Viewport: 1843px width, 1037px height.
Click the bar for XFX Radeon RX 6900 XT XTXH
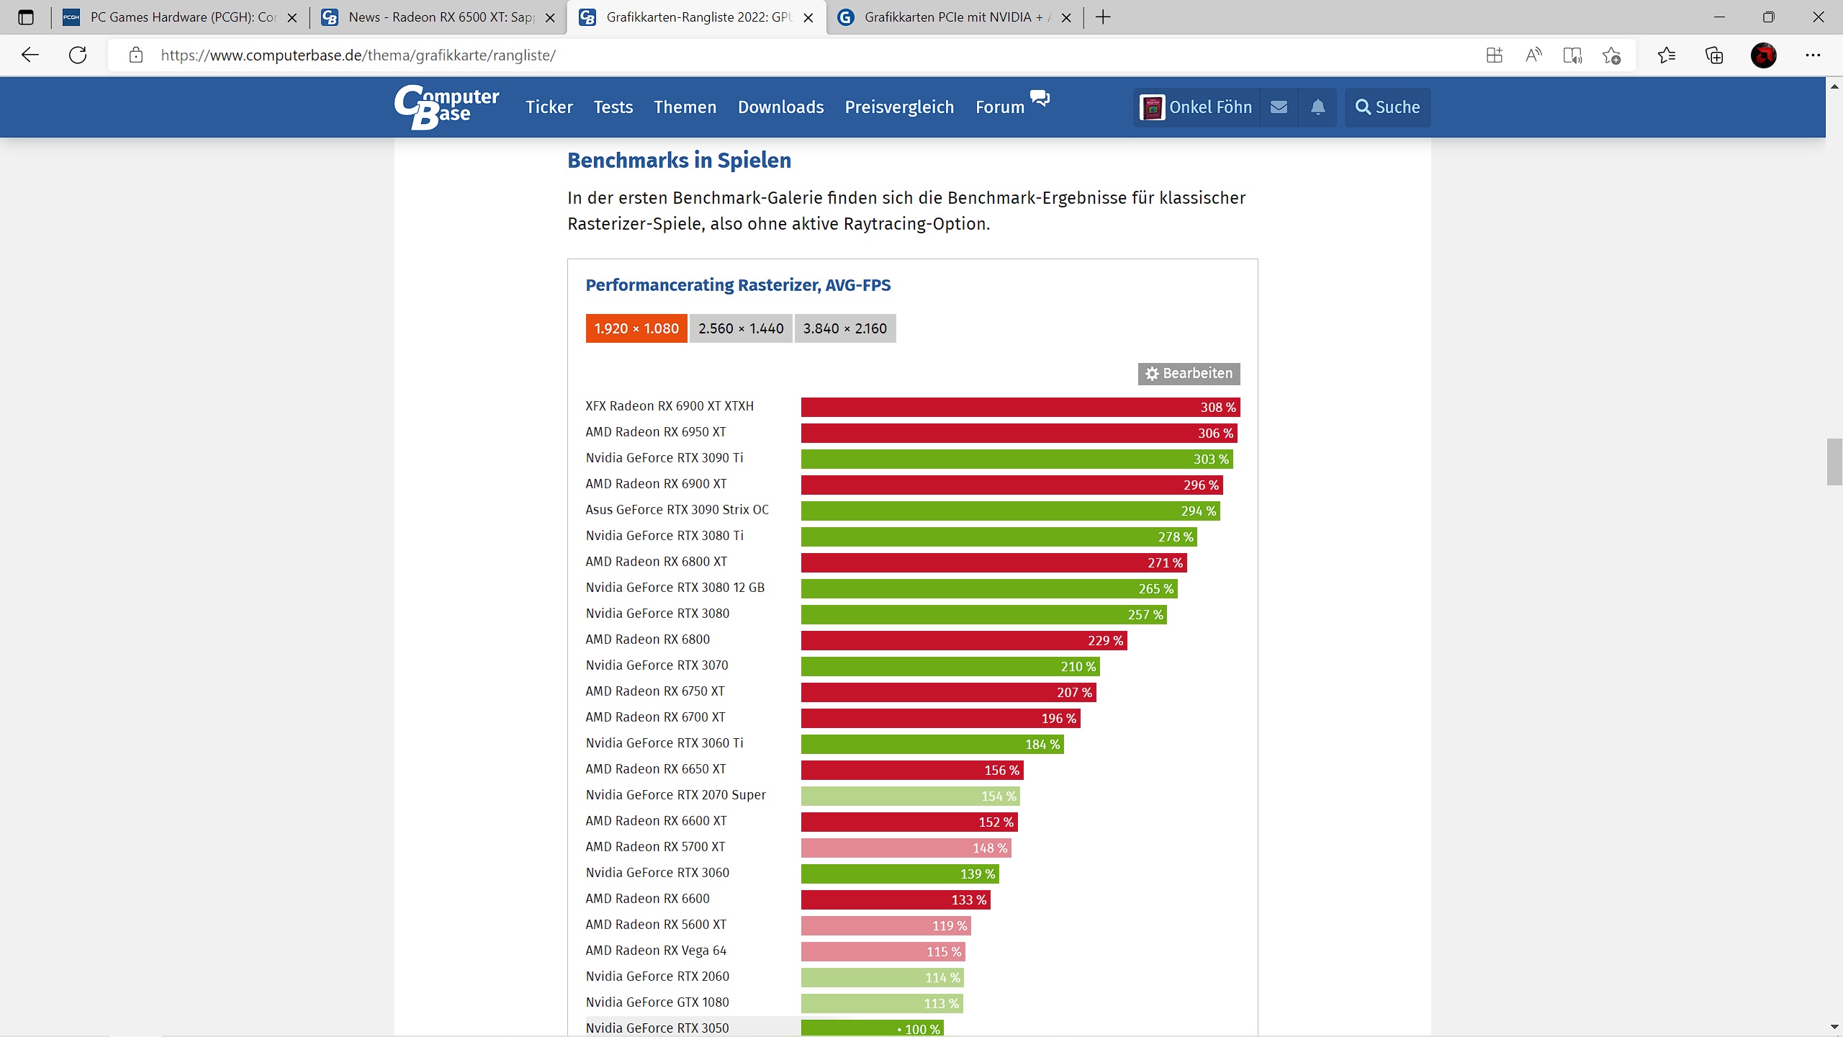tap(1020, 407)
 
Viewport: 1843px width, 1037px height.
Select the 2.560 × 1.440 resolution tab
tap(741, 328)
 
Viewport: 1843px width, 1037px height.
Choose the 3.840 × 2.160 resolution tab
tap(845, 328)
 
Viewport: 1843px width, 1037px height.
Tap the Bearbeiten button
tap(1189, 374)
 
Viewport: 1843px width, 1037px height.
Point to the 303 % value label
tap(1211, 459)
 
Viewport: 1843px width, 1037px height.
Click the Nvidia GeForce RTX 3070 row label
tap(657, 665)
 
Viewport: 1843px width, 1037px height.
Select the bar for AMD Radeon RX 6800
tap(964, 640)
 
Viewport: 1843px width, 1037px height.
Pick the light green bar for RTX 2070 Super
tap(911, 796)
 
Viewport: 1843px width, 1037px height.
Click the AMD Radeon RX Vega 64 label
tap(656, 951)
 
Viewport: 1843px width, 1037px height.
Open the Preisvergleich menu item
tap(899, 107)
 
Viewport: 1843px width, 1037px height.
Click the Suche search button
tap(1387, 107)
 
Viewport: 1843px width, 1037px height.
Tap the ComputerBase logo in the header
tap(446, 107)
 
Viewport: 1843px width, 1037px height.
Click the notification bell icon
tap(1317, 107)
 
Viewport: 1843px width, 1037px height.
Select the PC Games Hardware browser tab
tap(180, 17)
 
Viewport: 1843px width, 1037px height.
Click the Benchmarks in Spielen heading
tap(679, 160)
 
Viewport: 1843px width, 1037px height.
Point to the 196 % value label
tap(1058, 719)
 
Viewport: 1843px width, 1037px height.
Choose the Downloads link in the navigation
tap(780, 107)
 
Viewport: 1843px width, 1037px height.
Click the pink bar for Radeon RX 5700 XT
tap(906, 848)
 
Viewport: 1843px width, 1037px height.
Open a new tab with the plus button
tap(1103, 17)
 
